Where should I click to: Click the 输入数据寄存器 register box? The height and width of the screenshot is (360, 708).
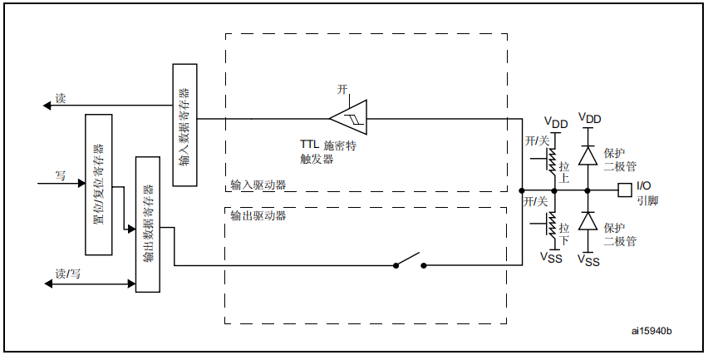[x=184, y=126]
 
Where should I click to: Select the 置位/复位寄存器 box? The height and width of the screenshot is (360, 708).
[x=98, y=185]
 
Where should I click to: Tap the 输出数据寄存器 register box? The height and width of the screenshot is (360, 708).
[x=147, y=223]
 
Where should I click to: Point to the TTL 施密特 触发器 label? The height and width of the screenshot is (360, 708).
[x=328, y=151]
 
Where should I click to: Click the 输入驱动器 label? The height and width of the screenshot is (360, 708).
[x=258, y=185]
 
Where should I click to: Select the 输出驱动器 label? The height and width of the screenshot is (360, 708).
[x=258, y=215]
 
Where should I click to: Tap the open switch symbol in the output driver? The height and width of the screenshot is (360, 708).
[x=411, y=263]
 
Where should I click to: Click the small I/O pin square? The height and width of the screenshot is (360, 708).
[x=624, y=190]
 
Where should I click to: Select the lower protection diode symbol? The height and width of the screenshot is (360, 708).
[x=588, y=221]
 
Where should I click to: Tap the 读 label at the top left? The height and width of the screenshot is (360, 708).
[x=60, y=98]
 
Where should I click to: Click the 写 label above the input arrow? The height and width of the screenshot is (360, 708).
[x=60, y=175]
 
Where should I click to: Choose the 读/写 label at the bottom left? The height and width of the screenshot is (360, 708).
[x=68, y=274]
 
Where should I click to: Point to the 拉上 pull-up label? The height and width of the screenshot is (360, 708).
[x=564, y=172]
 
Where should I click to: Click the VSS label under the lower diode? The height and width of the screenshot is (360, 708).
[x=588, y=261]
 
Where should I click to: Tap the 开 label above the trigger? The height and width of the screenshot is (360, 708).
[x=342, y=89]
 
